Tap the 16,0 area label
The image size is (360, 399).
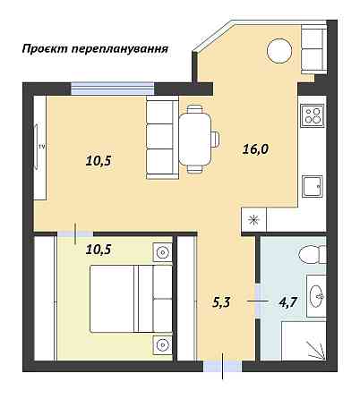[255, 150]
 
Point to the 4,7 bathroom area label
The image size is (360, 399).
[287, 301]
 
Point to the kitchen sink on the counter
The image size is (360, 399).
[313, 186]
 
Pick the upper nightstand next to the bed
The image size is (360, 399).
[162, 252]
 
